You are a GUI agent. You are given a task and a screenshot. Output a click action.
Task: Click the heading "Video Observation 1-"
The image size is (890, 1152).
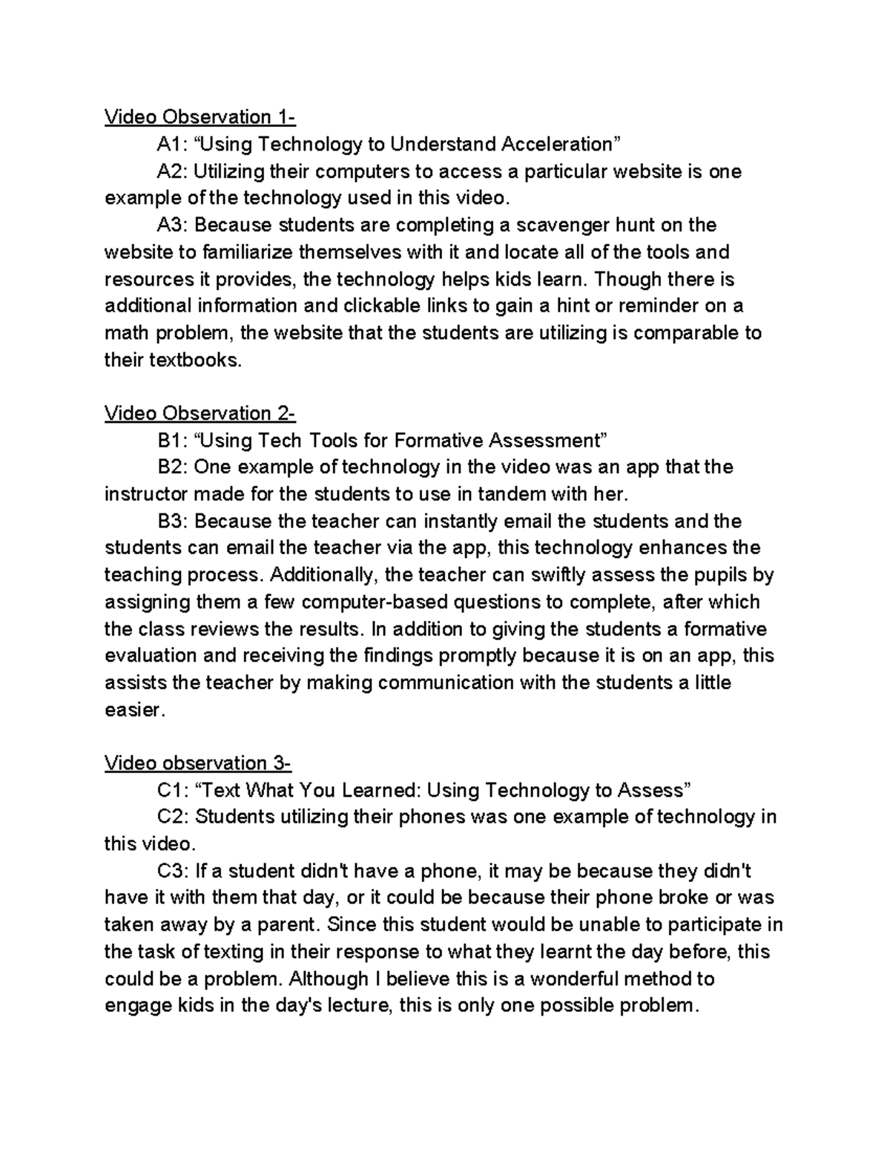pos(200,117)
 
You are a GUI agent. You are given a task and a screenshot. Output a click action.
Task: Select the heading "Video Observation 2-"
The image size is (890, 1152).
pos(200,413)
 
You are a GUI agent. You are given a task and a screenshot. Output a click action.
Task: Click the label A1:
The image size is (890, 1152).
pos(172,144)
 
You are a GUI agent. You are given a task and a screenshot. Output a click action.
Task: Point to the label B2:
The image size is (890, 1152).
pos(174,467)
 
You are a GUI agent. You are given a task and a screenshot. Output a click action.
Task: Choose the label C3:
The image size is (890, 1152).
pos(174,871)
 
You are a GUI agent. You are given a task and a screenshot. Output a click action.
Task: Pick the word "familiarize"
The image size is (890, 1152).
pos(246,252)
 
